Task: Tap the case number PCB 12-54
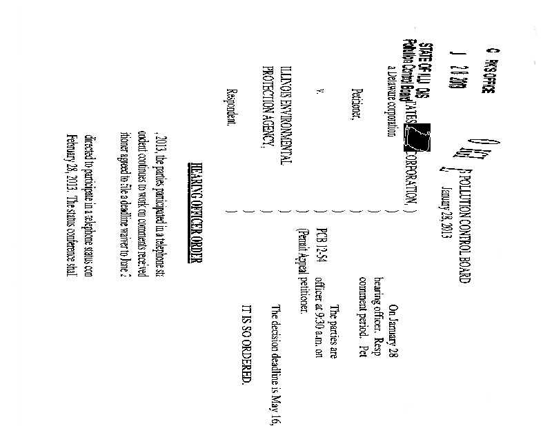318,230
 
